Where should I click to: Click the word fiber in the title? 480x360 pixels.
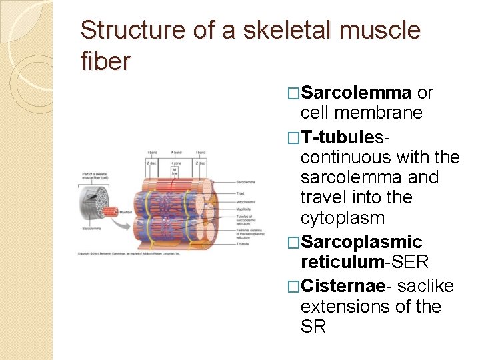pos(105,61)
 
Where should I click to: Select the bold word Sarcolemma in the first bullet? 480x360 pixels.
pos(355,92)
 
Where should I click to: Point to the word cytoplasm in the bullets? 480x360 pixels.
pos(343,218)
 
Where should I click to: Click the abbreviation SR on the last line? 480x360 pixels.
pos(313,327)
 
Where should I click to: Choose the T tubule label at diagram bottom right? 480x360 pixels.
pos(243,243)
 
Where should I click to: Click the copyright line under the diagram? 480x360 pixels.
pos(128,254)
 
